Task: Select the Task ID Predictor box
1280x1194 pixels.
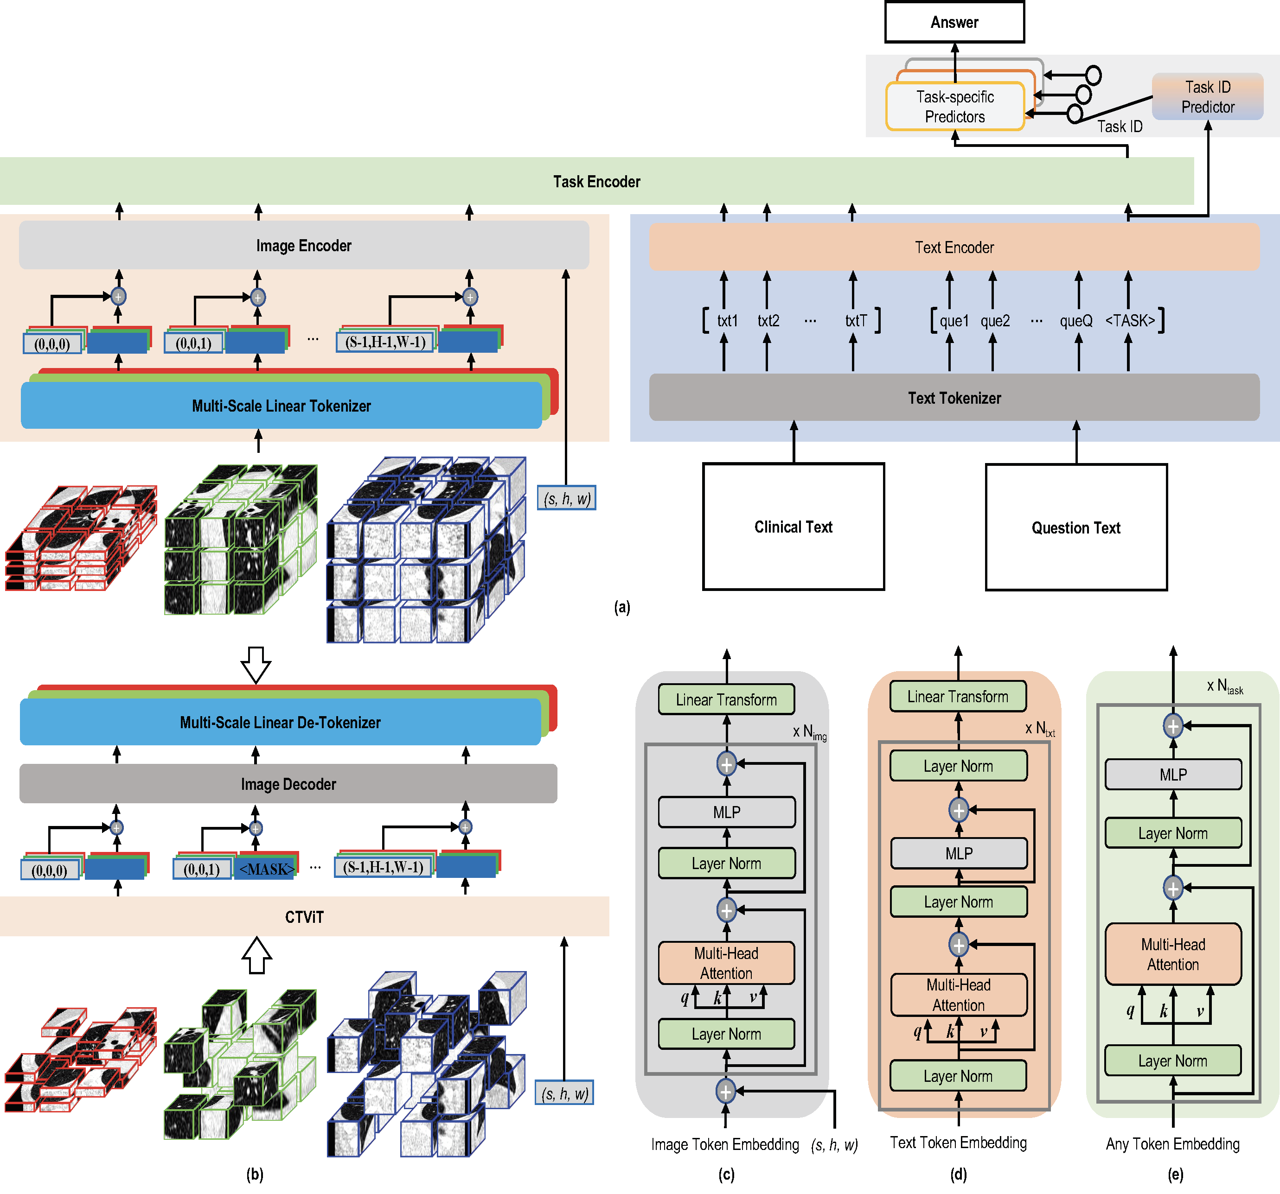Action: tap(1207, 96)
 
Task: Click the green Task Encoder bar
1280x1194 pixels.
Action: tap(596, 182)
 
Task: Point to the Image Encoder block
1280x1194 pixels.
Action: tap(303, 245)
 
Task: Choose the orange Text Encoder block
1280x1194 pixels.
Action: tap(954, 247)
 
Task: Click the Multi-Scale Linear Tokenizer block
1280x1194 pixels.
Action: tap(282, 406)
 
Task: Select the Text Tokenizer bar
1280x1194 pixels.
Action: tap(954, 398)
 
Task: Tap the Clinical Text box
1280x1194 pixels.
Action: tap(793, 527)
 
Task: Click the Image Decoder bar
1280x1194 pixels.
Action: tap(288, 784)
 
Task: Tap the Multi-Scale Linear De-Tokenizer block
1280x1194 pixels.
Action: tap(280, 722)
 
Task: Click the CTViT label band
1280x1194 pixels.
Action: tap(304, 916)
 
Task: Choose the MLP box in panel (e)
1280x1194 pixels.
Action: tap(1173, 775)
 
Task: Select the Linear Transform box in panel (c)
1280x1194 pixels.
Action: tap(726, 699)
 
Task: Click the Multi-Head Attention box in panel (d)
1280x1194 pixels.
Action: tap(958, 995)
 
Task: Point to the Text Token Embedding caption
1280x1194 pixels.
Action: tap(958, 1143)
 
